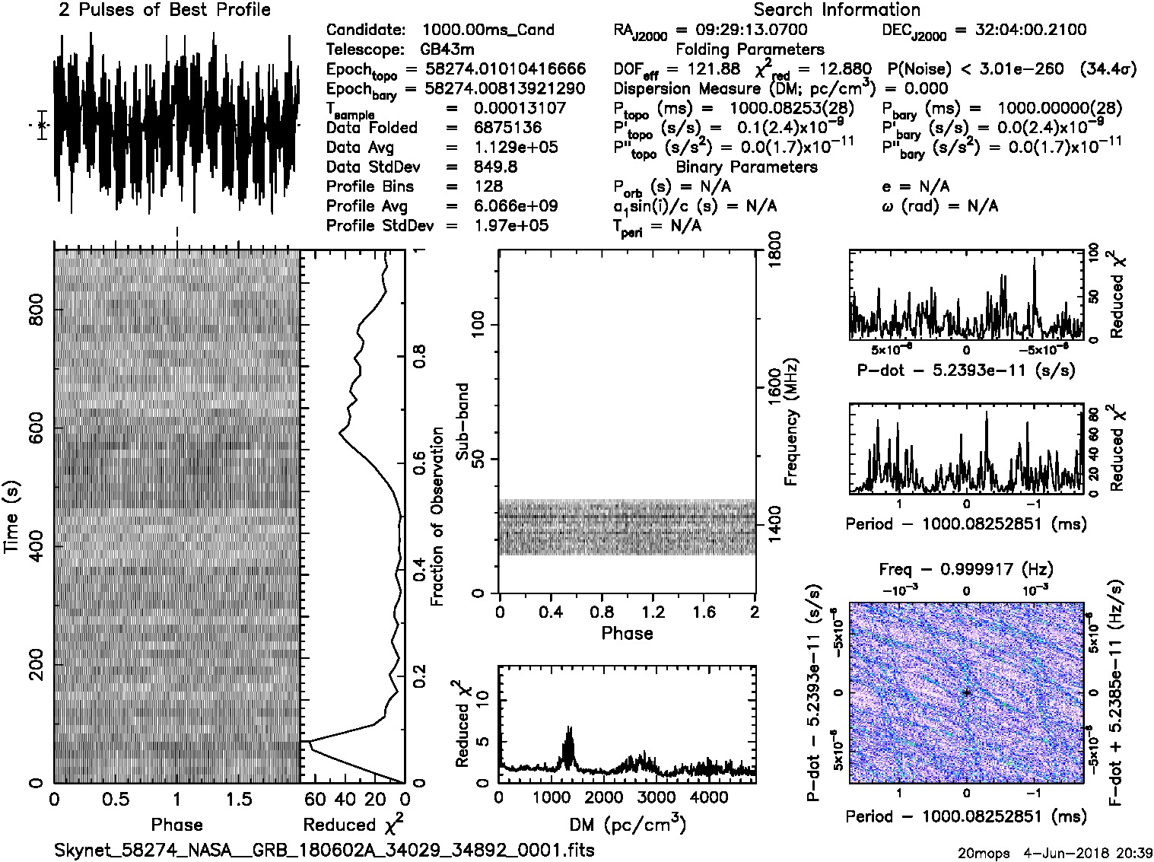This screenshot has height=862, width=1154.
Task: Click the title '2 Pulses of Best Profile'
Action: (x=164, y=10)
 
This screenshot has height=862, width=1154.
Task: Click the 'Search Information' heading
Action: (x=837, y=10)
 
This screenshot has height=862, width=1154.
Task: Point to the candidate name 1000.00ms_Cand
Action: (x=488, y=30)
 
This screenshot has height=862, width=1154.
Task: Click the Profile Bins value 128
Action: (x=488, y=186)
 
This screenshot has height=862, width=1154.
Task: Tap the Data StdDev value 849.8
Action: (x=494, y=167)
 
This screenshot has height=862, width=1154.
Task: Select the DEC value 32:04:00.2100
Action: (x=1020, y=30)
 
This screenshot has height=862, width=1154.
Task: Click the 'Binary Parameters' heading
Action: (x=746, y=167)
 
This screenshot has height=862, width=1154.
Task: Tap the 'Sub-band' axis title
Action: (x=462, y=421)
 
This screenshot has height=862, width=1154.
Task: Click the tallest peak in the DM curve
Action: (x=569, y=729)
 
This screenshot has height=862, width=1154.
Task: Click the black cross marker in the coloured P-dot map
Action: (x=966, y=692)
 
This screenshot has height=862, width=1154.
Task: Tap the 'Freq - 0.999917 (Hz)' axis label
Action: (x=966, y=569)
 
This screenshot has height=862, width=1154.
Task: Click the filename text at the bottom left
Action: (x=324, y=850)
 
